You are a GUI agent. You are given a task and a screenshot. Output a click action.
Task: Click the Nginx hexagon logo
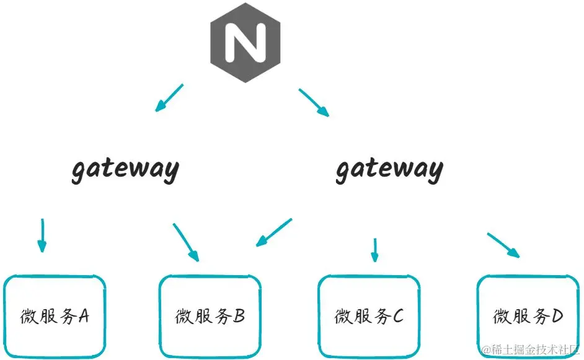(245, 42)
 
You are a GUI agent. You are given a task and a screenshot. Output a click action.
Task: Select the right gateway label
(389, 169)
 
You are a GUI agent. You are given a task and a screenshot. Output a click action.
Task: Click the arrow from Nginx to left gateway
(169, 98)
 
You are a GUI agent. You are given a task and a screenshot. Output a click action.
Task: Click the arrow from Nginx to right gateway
(314, 103)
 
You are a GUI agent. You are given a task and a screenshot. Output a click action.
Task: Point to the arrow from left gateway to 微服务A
(42, 235)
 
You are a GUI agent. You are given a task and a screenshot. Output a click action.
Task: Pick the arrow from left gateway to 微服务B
(186, 242)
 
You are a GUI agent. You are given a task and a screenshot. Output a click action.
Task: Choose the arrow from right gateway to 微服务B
(273, 232)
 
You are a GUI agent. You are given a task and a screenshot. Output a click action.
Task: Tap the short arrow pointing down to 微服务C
(374, 249)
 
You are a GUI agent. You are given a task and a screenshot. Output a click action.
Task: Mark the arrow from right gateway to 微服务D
(503, 245)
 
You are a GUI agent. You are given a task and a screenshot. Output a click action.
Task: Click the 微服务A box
(55, 316)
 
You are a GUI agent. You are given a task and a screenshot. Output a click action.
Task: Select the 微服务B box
(210, 316)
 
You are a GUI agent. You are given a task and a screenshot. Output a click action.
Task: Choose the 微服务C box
(369, 316)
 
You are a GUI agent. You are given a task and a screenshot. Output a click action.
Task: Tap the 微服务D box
(528, 316)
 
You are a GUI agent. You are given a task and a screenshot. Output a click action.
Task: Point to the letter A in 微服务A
(84, 317)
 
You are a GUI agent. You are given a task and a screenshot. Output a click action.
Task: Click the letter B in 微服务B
(239, 317)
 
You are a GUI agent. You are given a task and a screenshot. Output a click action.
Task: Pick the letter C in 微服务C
(397, 317)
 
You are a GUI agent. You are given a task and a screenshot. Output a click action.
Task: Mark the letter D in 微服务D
(556, 317)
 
